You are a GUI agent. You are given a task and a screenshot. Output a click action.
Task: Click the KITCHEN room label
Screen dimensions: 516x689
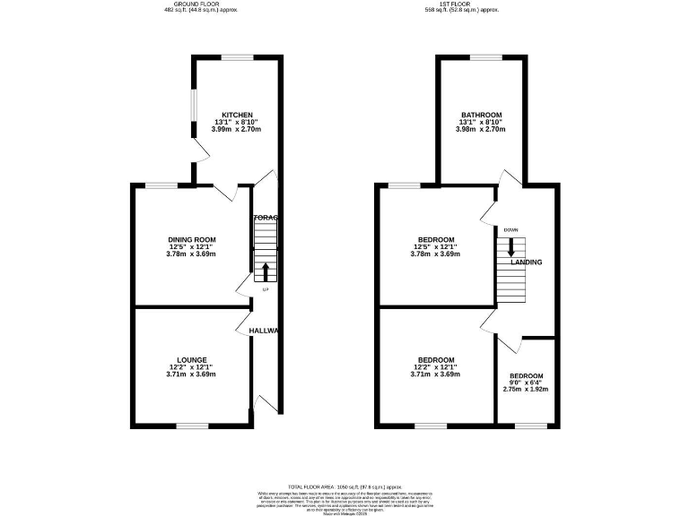tap(237, 114)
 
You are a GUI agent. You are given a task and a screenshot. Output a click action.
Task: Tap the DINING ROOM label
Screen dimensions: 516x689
tap(191, 239)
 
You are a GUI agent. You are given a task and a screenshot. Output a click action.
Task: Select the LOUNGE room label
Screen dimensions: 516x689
tap(191, 360)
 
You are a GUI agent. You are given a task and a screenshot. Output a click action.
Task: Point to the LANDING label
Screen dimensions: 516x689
tap(526, 262)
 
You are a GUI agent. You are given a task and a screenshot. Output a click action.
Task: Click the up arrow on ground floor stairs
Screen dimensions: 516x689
tap(266, 271)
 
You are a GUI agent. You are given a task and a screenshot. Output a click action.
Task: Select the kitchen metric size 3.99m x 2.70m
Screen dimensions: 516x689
tap(237, 129)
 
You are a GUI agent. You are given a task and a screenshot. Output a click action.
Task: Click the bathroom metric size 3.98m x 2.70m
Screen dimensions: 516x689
tap(482, 131)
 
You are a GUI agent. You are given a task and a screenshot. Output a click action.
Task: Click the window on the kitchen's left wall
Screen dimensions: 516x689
tap(192, 112)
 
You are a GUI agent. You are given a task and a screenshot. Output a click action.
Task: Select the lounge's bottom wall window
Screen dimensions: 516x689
tap(191, 426)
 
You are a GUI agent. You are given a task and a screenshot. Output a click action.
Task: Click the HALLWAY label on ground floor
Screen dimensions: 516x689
tap(265, 331)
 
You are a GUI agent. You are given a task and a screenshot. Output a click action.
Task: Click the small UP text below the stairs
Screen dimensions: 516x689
tap(266, 289)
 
